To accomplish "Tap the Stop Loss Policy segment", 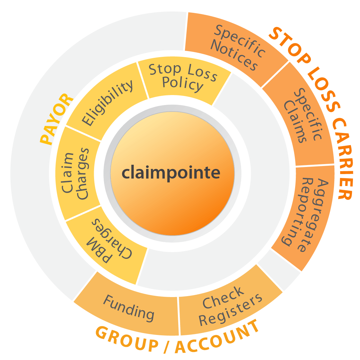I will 183,77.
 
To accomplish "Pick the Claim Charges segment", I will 75,174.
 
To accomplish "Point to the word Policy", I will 182,84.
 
